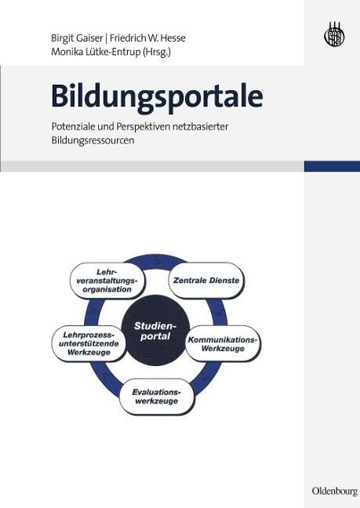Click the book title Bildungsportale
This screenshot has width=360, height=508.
(157, 97)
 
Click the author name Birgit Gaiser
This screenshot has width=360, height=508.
(77, 38)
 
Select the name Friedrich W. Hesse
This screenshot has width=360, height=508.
(147, 38)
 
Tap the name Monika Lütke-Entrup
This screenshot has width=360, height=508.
(95, 52)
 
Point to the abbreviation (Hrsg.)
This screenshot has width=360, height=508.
(156, 53)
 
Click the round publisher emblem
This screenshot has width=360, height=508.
(334, 34)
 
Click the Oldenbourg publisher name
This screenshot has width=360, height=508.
(334, 491)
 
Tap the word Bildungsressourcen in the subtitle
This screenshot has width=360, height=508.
(93, 140)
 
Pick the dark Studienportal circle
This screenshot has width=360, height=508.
(155, 330)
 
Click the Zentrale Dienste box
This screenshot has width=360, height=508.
(206, 280)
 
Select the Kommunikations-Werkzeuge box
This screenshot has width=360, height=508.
(223, 343)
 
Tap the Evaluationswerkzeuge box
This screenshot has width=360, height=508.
(157, 396)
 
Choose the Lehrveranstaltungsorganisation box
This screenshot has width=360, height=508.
(107, 281)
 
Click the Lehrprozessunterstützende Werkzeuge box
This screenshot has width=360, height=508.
(89, 343)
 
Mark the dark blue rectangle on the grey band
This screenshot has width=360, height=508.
(332, 166)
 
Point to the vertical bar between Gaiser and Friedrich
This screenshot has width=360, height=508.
(107, 38)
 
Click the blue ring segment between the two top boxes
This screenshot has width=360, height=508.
(157, 259)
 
